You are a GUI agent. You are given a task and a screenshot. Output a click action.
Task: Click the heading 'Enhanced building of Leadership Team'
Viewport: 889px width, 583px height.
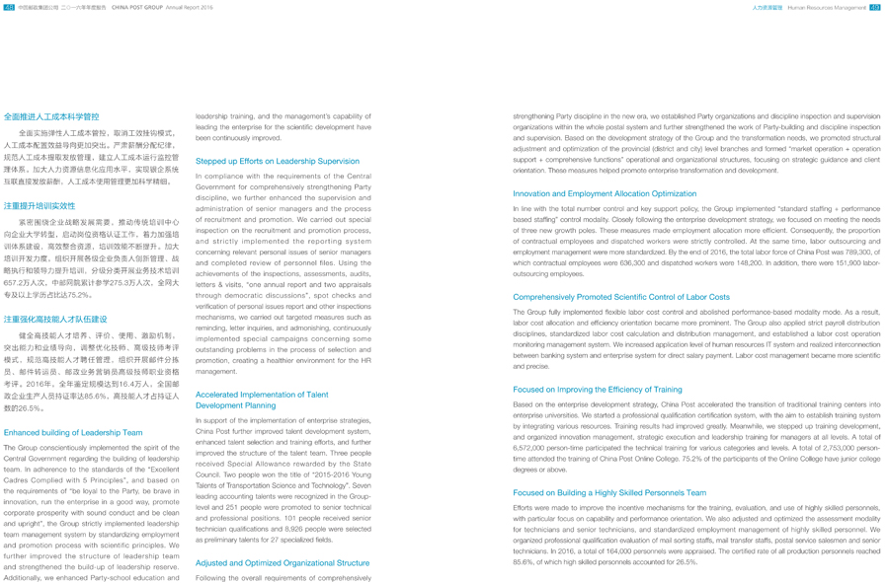pyautogui.click(x=73, y=432)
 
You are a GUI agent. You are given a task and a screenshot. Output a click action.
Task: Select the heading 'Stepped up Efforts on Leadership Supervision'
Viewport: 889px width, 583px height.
pyautogui.click(x=278, y=161)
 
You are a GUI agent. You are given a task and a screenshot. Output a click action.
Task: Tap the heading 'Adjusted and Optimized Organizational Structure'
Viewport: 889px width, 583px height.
pyautogui.click(x=283, y=562)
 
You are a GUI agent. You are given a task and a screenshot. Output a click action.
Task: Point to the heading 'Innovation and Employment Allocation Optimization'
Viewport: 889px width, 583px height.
pyautogui.click(x=605, y=194)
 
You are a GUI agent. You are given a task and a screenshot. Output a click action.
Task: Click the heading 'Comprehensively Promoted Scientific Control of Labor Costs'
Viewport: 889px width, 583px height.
pyautogui.click(x=621, y=297)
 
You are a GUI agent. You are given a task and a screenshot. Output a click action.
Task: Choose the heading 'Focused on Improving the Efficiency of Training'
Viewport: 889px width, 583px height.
pyautogui.click(x=598, y=390)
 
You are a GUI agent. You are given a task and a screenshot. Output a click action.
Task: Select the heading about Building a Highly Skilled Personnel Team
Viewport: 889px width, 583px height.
pyautogui.click(x=609, y=492)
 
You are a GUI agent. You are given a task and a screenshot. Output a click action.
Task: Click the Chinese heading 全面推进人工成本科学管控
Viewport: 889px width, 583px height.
pyautogui.click(x=51, y=116)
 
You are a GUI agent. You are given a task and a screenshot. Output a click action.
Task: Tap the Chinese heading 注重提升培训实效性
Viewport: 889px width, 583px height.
pyautogui.click(x=40, y=206)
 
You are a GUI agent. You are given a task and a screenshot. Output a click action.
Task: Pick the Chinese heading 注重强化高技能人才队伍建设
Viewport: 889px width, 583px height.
pyautogui.click(x=55, y=320)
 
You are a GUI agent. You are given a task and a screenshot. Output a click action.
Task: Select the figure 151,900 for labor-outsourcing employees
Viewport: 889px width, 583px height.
pyautogui.click(x=849, y=263)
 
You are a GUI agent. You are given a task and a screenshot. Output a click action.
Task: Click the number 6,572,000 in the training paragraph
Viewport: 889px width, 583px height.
pyautogui.click(x=531, y=446)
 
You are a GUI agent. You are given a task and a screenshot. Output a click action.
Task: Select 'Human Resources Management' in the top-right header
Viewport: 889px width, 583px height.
pyautogui.click(x=826, y=7)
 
